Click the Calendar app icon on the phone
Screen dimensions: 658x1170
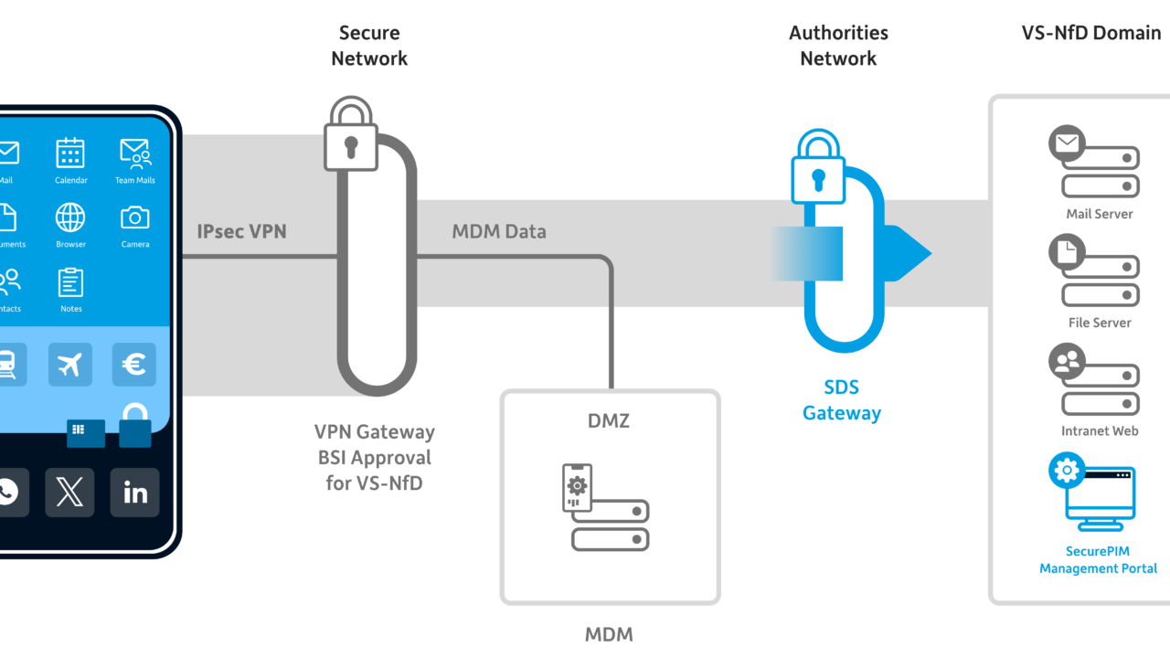70,153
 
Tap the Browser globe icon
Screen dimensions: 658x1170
70,218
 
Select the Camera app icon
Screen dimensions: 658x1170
134,218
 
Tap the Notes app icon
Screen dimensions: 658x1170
70,282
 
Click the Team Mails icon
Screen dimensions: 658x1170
134,153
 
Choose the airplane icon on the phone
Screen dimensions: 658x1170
69,365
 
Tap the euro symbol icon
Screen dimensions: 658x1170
134,365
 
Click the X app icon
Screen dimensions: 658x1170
69,493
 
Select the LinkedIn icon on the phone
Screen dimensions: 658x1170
134,493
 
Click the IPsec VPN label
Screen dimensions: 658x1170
241,231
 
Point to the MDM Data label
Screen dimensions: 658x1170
499,231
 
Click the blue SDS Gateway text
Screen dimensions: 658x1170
841,400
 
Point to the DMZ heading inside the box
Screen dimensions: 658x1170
609,420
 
